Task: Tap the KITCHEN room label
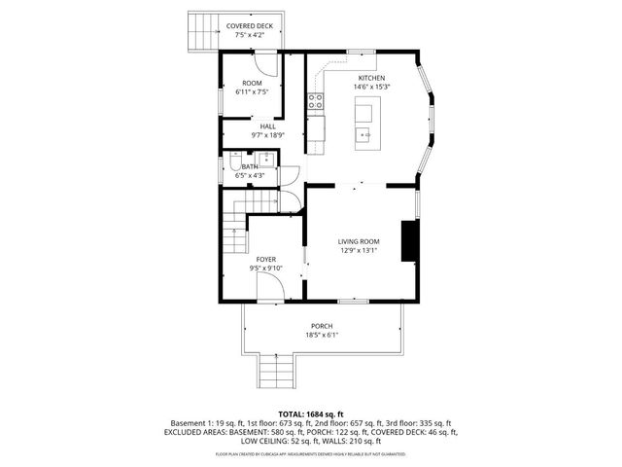(371, 78)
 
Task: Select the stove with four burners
(315, 98)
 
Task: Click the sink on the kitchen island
(364, 114)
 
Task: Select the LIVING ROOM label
(359, 241)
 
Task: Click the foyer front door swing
(269, 286)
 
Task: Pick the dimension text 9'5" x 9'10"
(266, 269)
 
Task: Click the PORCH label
(322, 326)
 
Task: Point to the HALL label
(267, 126)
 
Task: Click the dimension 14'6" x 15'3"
(371, 88)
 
